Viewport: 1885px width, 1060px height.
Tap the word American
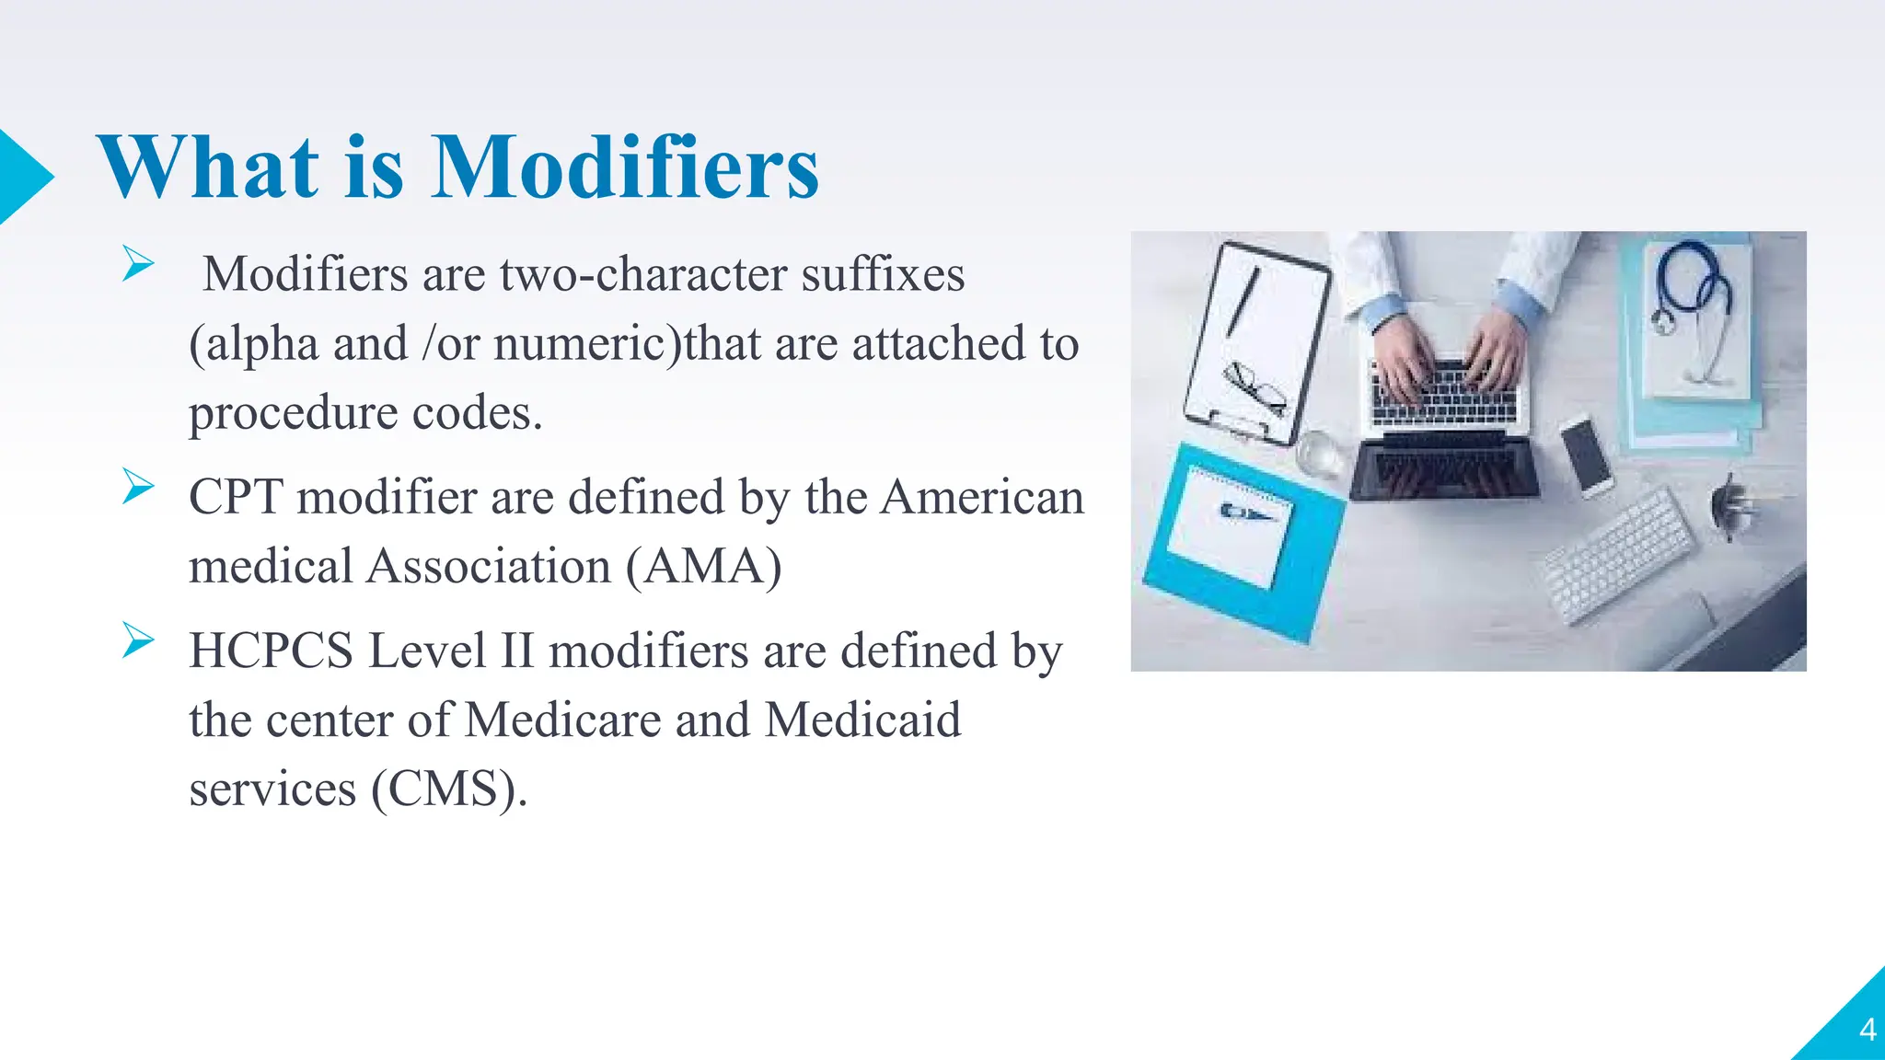pyautogui.click(x=982, y=497)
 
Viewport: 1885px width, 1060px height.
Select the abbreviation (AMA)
pyautogui.click(x=704, y=566)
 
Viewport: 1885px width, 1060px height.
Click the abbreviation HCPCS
pyautogui.click(x=272, y=651)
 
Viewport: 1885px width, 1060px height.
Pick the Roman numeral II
pyautogui.click(x=517, y=651)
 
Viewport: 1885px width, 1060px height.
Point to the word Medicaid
pyautogui.click(x=862, y=720)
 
